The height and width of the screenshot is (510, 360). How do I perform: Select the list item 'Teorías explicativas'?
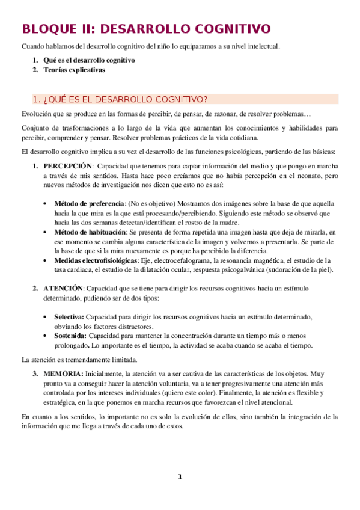(x=73, y=70)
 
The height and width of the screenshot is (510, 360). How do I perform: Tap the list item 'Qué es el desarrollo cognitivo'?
(x=88, y=60)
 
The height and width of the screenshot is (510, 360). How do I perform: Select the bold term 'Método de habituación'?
(x=90, y=232)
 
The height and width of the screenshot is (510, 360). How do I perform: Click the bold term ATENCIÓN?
(x=63, y=288)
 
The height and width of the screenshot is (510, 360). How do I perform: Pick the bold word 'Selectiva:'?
(x=70, y=316)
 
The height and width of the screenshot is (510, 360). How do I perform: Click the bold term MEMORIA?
(x=62, y=374)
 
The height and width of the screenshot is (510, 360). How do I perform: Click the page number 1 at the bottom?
(x=179, y=477)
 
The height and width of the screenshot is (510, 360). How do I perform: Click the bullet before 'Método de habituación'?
(x=46, y=232)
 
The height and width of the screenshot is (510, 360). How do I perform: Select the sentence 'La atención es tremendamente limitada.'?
(x=79, y=360)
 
